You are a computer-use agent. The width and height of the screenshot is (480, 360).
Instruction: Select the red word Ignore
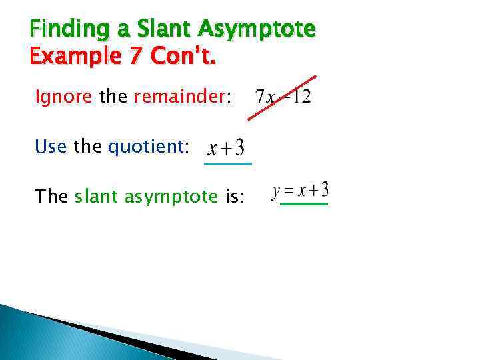[63, 97]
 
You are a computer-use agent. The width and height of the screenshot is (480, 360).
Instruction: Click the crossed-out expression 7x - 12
[283, 97]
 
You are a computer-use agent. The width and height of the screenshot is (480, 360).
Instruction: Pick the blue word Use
[52, 145]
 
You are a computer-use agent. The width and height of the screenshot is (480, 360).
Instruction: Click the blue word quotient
[145, 146]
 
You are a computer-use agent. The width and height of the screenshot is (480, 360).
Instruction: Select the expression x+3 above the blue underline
[226, 147]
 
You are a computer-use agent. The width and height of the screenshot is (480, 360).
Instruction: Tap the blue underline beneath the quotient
[227, 163]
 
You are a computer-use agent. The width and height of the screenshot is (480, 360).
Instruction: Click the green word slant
[97, 196]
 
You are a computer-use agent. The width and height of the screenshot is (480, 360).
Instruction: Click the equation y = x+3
[300, 191]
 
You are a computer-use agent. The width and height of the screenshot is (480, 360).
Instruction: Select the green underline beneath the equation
[304, 204]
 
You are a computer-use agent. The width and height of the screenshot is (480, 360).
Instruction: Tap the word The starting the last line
[51, 196]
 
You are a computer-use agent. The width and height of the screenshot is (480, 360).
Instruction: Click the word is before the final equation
[235, 196]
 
